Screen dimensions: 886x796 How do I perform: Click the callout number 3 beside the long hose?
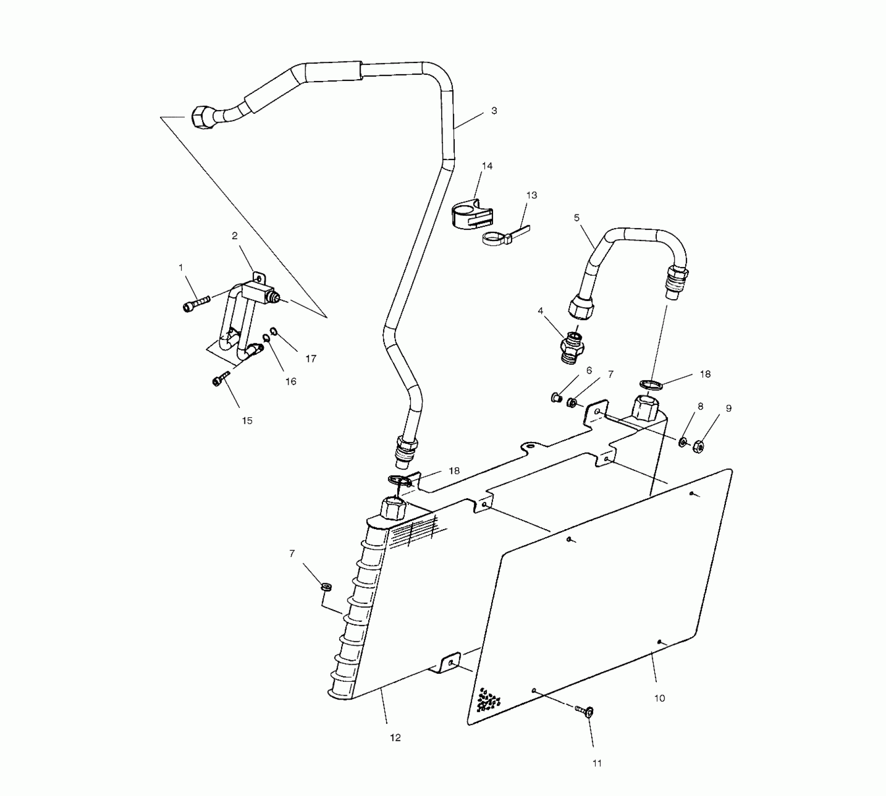pos(494,111)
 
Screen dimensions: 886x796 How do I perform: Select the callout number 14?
pos(487,166)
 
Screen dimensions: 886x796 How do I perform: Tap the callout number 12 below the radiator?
pos(395,737)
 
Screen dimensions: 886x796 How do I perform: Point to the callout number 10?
pos(659,698)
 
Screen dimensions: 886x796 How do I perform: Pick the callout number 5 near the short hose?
pos(576,218)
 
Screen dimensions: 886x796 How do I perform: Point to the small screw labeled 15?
pos(221,378)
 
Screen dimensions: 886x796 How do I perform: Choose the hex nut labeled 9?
pos(698,445)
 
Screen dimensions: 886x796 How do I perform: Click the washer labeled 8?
pos(683,441)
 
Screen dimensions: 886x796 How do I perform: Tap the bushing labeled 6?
pos(556,398)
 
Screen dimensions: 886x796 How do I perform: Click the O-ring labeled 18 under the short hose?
pos(651,385)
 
